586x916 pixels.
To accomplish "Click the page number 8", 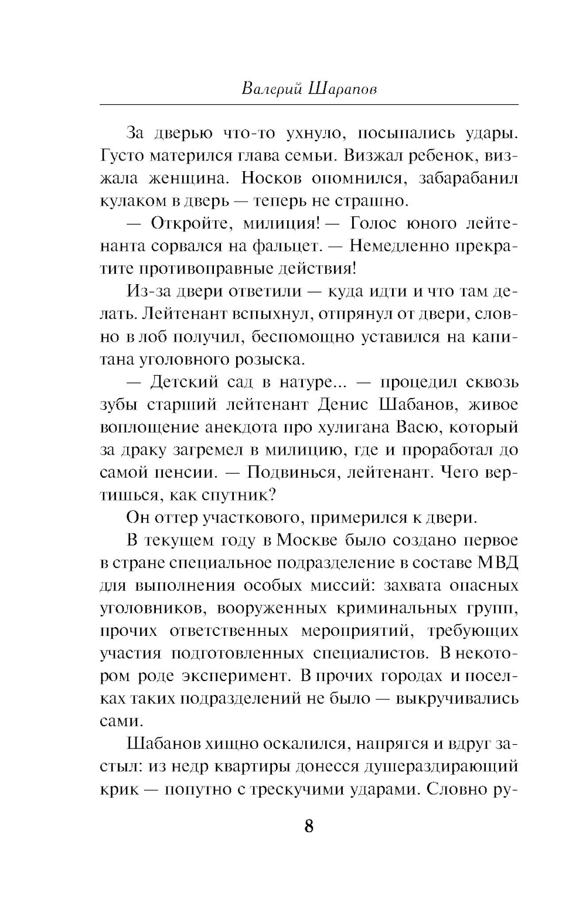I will coord(309,826).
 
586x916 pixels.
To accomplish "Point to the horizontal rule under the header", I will coord(309,105).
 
